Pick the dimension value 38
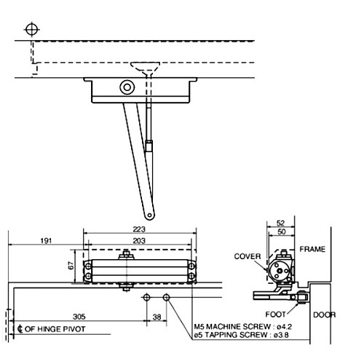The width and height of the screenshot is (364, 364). pyautogui.click(x=157, y=317)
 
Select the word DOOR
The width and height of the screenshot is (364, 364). pyautogui.click(x=325, y=315)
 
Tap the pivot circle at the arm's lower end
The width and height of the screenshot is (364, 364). pyautogui.click(x=149, y=214)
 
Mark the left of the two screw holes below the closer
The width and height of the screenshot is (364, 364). pyautogui.click(x=147, y=298)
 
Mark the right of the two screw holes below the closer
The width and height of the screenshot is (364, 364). pyautogui.click(x=166, y=298)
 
